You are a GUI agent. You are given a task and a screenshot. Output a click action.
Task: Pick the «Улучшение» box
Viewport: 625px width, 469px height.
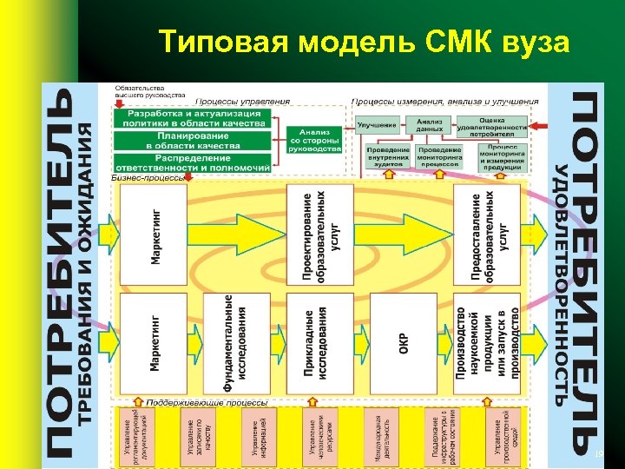tap(378, 125)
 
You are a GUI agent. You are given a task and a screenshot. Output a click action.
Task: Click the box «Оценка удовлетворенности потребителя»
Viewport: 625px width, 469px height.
tap(490, 128)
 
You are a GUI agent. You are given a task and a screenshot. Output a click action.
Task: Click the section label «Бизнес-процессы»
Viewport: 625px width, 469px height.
tap(148, 178)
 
